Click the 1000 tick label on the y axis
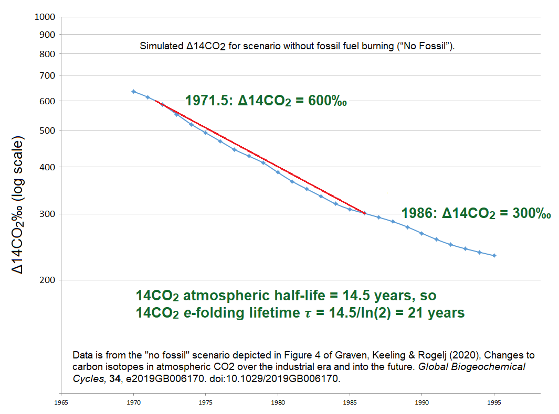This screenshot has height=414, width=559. coord(45,17)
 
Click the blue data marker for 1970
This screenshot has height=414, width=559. coord(133,92)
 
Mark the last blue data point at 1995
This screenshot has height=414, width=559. coord(494,256)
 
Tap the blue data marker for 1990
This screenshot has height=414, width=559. coord(421,233)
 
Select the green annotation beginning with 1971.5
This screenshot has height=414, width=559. coord(266,100)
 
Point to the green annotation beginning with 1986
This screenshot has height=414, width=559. coord(476,214)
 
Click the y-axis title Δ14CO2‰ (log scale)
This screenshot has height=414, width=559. coord(19,206)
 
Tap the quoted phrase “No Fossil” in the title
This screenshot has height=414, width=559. coord(427,46)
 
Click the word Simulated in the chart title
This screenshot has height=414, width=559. coord(162,46)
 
